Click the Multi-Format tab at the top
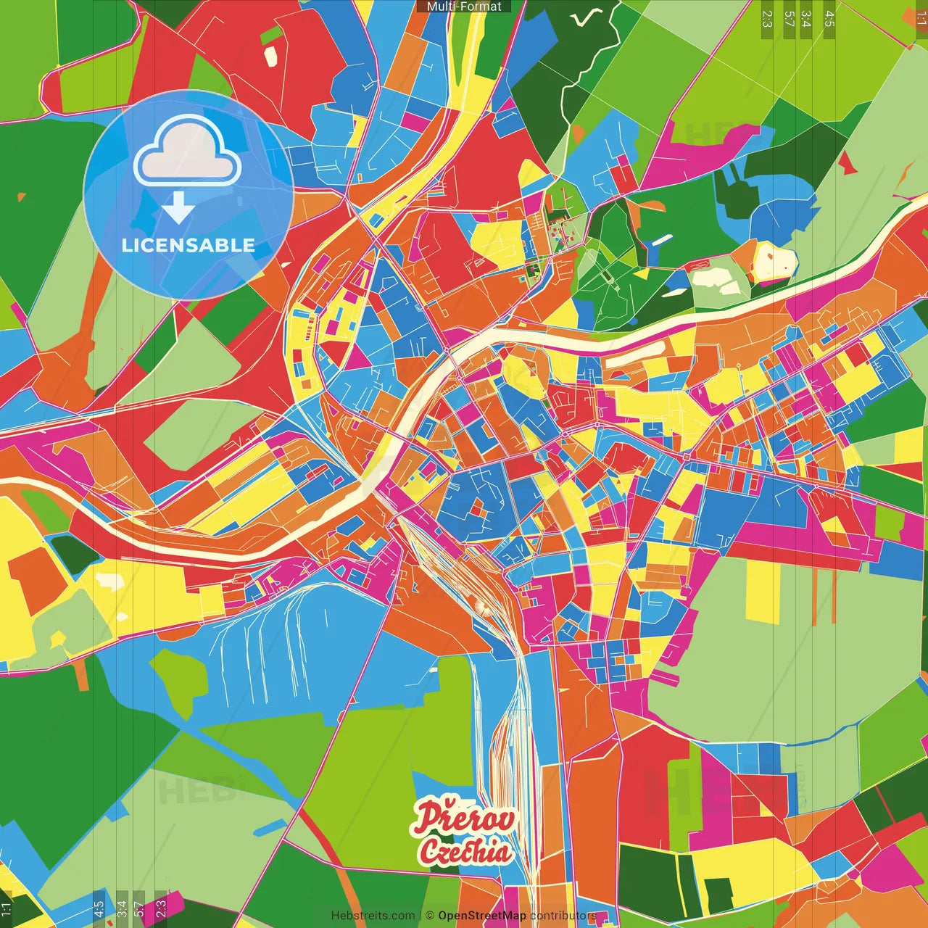(x=464, y=7)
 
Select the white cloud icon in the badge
(x=187, y=153)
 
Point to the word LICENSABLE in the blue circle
(x=188, y=245)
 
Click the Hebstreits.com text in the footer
(x=373, y=916)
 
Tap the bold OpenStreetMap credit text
(x=481, y=916)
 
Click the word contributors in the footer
(x=563, y=916)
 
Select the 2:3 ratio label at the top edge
(x=767, y=19)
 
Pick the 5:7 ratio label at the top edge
(x=789, y=19)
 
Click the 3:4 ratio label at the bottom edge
(x=122, y=908)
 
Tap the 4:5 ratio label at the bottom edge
(x=99, y=908)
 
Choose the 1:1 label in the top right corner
(x=921, y=19)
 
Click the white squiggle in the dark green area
(x=587, y=17)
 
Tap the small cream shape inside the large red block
(x=270, y=57)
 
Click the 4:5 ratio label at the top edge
(x=829, y=19)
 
